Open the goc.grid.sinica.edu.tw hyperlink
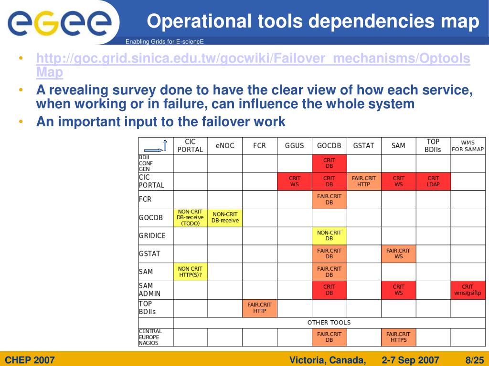253,59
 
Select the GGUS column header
294,146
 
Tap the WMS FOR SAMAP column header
468,146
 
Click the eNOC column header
225,146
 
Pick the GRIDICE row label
152,236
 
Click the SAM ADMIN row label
149,290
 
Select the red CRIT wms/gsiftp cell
468,290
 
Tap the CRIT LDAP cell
433,182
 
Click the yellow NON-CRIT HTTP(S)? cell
190,272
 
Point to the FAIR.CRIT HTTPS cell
398,337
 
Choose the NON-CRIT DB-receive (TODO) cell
190,218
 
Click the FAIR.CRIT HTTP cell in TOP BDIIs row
259,308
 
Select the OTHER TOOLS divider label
329,323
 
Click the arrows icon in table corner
156,145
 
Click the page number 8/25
474,359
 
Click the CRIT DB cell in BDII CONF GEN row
329,163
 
